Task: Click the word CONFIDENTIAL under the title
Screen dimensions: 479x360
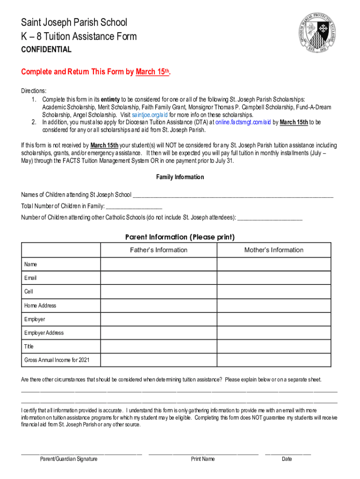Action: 46,50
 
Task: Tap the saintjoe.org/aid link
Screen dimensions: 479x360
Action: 150,115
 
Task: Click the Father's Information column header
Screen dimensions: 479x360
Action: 158,250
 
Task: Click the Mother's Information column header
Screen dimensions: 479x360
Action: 274,250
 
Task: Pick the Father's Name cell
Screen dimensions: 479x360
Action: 158,264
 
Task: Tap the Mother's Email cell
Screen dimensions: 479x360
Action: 274,278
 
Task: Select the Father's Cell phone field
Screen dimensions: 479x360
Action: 158,292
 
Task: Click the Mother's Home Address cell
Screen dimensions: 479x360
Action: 274,305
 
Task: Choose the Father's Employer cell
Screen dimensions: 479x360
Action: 158,319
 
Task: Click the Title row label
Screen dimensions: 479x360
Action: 29,347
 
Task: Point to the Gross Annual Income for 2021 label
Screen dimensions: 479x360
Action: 57,360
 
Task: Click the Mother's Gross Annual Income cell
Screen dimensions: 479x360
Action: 274,360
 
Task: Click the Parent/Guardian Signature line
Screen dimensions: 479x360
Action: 81,453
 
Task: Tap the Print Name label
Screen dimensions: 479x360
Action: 203,459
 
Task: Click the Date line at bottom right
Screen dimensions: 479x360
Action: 288,453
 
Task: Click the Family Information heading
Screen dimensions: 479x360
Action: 180,177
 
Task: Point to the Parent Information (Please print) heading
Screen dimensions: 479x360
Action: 180,237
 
